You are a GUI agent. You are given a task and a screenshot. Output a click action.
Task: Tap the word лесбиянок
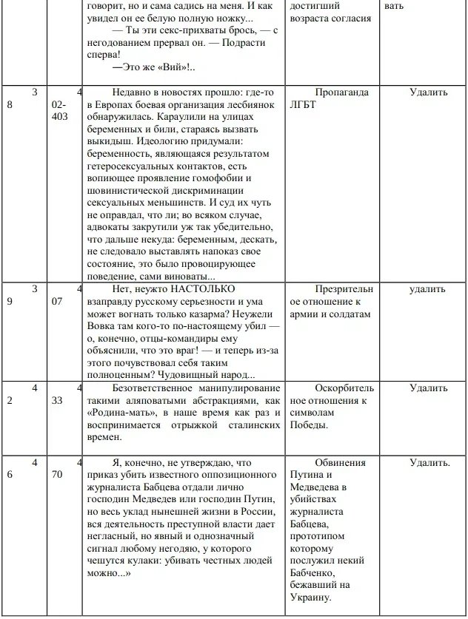pyautogui.click(x=233, y=105)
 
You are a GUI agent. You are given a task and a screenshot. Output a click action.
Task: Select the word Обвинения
pyautogui.click(x=340, y=462)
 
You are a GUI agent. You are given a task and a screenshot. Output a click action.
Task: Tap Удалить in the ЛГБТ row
pyautogui.click(x=429, y=92)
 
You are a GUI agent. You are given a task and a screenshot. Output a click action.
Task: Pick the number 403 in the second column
pyautogui.click(x=60, y=118)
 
